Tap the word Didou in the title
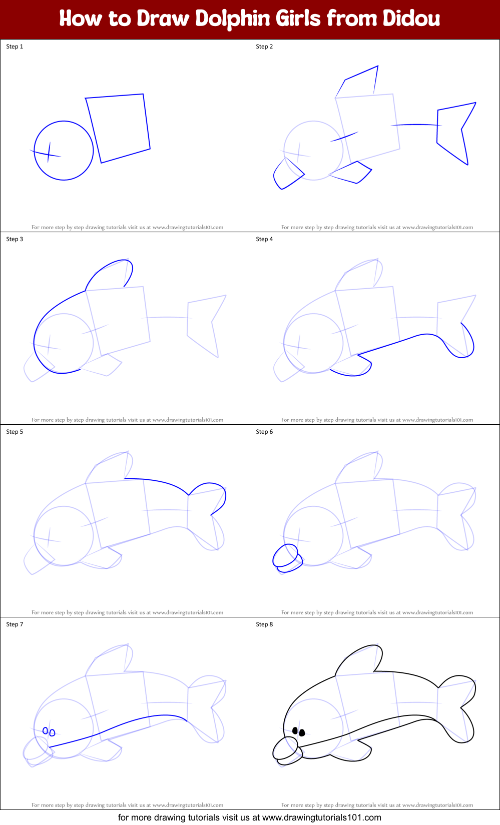(x=411, y=19)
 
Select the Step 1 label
(x=15, y=47)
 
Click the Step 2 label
(x=264, y=47)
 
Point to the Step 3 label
(x=15, y=239)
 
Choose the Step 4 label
(x=264, y=239)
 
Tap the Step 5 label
(x=15, y=432)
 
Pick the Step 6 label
(x=264, y=432)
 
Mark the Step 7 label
(x=15, y=624)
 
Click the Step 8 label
(x=264, y=624)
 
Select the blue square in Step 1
(x=118, y=128)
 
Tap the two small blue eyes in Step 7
(x=49, y=732)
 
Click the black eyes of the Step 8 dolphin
(x=298, y=732)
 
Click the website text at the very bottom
(x=250, y=817)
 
